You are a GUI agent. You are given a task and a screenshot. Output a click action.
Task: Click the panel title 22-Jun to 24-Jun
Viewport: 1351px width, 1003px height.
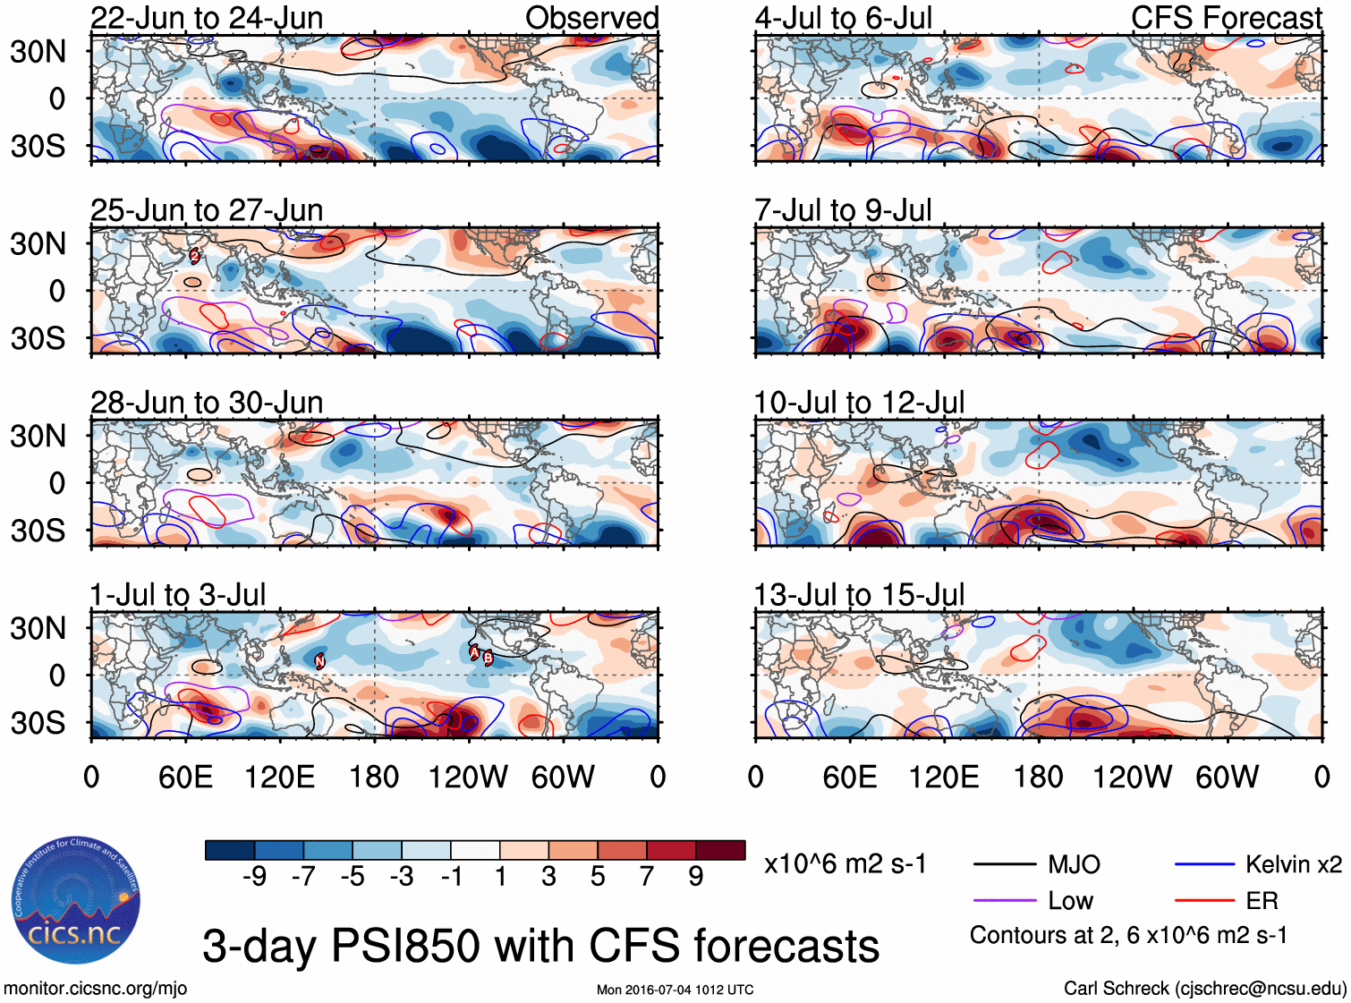[207, 18]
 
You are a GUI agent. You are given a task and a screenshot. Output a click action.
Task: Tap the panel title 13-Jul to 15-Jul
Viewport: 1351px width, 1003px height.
[859, 595]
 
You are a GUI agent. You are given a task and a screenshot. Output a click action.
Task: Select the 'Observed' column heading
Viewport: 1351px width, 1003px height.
[591, 18]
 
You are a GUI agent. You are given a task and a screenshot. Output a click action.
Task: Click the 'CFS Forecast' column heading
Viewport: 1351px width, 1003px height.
[1226, 18]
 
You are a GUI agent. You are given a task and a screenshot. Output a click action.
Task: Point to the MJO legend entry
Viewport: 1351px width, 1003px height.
[1074, 864]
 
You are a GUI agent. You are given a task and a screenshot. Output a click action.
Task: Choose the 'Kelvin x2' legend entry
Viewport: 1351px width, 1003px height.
[1293, 864]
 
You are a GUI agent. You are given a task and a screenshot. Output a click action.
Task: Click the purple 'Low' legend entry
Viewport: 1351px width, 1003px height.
[1070, 901]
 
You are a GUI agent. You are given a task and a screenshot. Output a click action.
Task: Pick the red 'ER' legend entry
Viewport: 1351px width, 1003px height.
[1262, 901]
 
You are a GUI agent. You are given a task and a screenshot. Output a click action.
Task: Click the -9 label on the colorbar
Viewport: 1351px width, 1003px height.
[254, 877]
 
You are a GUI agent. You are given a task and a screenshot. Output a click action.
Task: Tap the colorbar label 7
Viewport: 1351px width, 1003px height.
[647, 877]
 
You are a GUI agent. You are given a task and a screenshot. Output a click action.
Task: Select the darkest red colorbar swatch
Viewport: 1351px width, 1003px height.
[720, 850]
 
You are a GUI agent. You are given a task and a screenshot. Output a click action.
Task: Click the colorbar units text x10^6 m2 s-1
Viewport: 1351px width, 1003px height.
[845, 864]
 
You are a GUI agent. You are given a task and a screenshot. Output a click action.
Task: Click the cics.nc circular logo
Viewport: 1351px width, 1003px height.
[76, 901]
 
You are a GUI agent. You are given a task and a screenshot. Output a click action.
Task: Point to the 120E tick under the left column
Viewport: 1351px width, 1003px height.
[280, 777]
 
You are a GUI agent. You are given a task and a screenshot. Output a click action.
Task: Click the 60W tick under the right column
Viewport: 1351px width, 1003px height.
[1227, 777]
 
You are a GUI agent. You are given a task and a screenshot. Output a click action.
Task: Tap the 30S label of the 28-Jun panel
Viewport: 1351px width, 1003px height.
[38, 531]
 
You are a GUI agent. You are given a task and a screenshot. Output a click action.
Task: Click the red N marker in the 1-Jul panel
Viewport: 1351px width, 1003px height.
[319, 661]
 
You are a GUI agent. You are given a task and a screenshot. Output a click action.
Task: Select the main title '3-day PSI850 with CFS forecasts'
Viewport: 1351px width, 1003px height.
[540, 946]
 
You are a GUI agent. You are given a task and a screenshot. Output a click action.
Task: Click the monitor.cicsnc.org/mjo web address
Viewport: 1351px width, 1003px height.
[96, 989]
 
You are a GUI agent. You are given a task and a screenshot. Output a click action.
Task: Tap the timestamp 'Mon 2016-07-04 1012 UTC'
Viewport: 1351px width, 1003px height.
[675, 990]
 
